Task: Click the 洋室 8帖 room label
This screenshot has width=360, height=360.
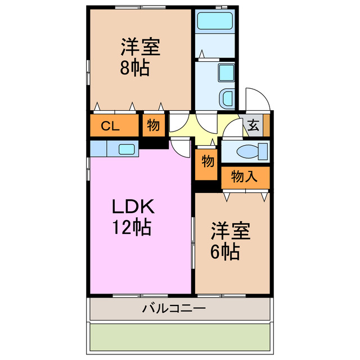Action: point(139,57)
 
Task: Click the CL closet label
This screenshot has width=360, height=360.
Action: point(110,126)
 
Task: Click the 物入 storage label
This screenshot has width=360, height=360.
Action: point(245,177)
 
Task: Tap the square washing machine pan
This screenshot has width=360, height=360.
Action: point(227,73)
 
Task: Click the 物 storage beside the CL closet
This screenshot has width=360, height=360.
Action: point(152,126)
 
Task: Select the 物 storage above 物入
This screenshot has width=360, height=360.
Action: point(208,162)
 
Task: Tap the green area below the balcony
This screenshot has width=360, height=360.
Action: point(180,338)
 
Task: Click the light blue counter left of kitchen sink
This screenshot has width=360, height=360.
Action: point(98,148)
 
